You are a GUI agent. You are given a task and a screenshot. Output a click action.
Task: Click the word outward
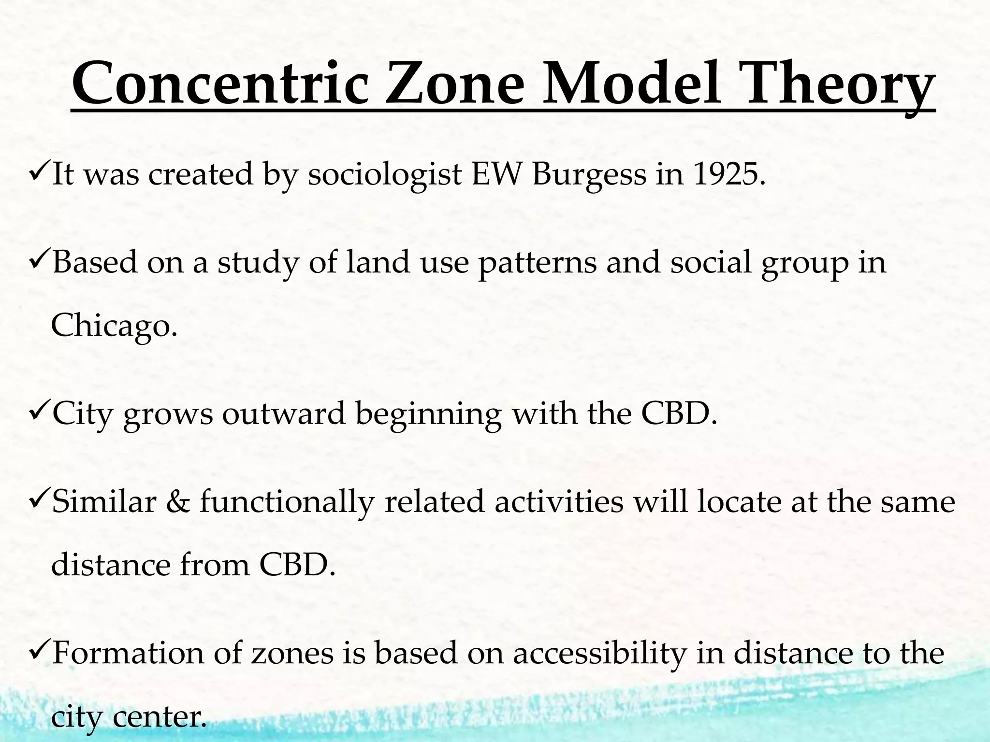[284, 414]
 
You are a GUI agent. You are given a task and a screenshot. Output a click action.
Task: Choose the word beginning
[428, 414]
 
